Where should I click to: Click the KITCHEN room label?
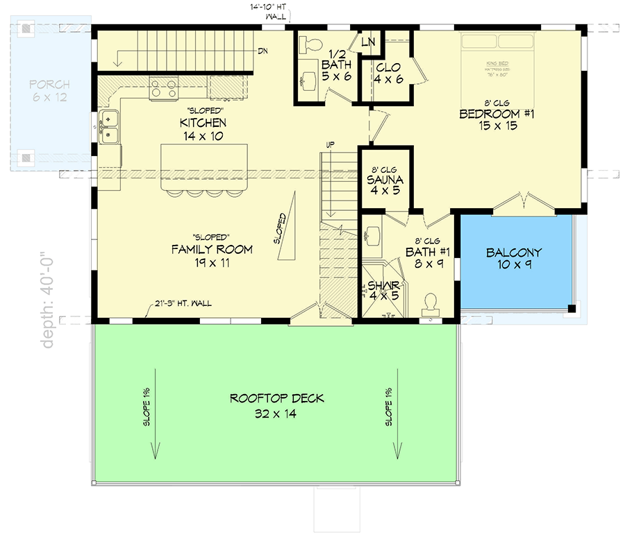203,123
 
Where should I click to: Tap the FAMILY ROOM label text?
211,249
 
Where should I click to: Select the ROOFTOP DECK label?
277,399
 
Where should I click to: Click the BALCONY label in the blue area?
514,253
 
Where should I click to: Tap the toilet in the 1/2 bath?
310,46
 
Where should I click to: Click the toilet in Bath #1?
430,302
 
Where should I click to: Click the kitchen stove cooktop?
164,88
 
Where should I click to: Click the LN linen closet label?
368,42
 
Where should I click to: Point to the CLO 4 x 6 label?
388,73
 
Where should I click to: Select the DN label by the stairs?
263,51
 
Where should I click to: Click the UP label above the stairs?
331,144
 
